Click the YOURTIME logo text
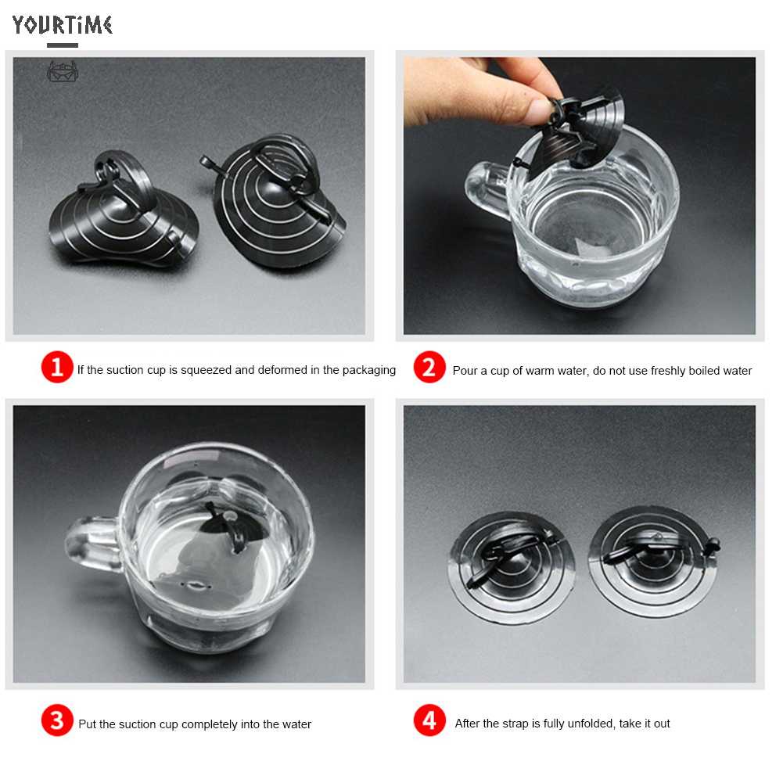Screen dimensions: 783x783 click(63, 25)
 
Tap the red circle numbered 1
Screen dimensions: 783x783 click(57, 367)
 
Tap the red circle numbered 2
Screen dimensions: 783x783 click(429, 368)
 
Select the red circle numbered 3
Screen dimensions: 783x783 click(57, 721)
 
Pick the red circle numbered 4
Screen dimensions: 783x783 click(429, 721)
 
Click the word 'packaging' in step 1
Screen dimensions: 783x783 click(369, 370)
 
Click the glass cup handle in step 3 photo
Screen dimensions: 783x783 click(90, 544)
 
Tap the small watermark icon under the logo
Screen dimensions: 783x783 click(63, 72)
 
